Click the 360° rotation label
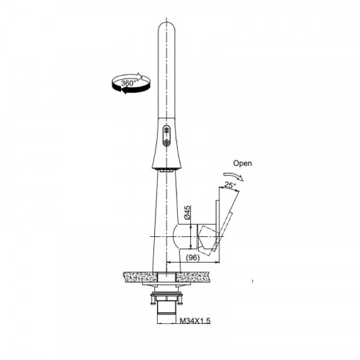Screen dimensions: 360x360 coord(129,84)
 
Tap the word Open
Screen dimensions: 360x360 coord(243,163)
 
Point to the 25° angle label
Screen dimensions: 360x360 coord(230,185)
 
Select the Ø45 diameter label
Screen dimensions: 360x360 coord(188,212)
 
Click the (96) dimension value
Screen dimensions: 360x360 coord(193,258)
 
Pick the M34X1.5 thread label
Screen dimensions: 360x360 coord(195,320)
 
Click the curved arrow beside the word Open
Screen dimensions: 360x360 coord(233,176)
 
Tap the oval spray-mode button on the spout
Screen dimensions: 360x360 coord(166,136)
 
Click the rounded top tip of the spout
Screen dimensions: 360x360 coord(166,23)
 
